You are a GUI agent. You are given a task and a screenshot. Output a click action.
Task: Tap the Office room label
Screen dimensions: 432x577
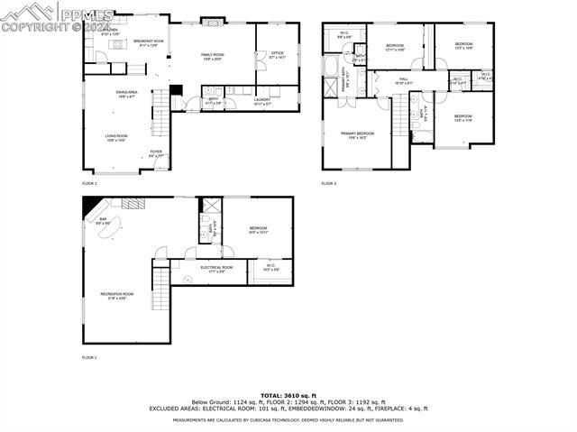point(277,55)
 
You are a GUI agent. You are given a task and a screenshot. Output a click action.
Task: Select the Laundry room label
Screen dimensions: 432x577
point(262,101)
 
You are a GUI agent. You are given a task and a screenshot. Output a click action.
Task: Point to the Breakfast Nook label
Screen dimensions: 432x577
point(149,42)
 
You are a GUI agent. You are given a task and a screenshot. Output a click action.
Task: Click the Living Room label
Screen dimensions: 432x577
point(116,138)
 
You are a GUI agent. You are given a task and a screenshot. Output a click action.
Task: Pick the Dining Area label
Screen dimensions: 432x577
point(126,93)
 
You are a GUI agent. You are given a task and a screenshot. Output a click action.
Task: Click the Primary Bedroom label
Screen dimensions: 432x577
point(357,135)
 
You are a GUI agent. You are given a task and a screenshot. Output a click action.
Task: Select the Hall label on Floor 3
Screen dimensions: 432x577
point(403,80)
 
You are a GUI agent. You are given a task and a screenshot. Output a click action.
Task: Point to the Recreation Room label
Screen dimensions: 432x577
point(117,295)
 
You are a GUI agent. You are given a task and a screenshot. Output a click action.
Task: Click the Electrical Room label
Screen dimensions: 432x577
point(216,269)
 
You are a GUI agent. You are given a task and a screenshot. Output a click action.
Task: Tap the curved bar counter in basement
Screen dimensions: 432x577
point(109,225)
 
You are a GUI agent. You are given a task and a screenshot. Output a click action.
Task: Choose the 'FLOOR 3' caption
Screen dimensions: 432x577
point(328,183)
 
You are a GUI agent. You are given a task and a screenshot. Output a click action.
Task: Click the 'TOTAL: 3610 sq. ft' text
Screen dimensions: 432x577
point(288,395)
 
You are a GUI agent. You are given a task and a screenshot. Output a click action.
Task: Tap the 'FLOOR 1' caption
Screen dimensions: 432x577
point(88,357)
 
